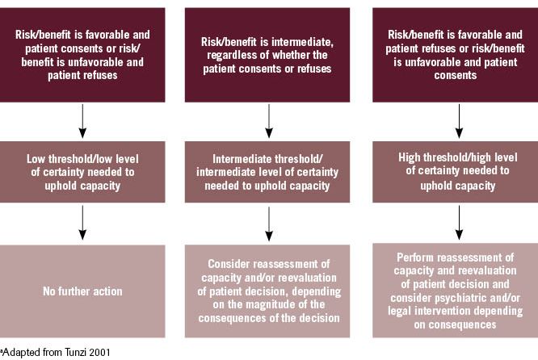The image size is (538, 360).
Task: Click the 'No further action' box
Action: pyautogui.click(x=82, y=290)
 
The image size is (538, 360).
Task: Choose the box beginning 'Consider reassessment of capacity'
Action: pyautogui.click(x=269, y=291)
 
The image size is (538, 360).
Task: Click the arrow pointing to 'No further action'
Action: pyautogui.click(x=82, y=222)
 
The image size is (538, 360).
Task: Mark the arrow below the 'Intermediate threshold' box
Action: pyautogui.click(x=269, y=222)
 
